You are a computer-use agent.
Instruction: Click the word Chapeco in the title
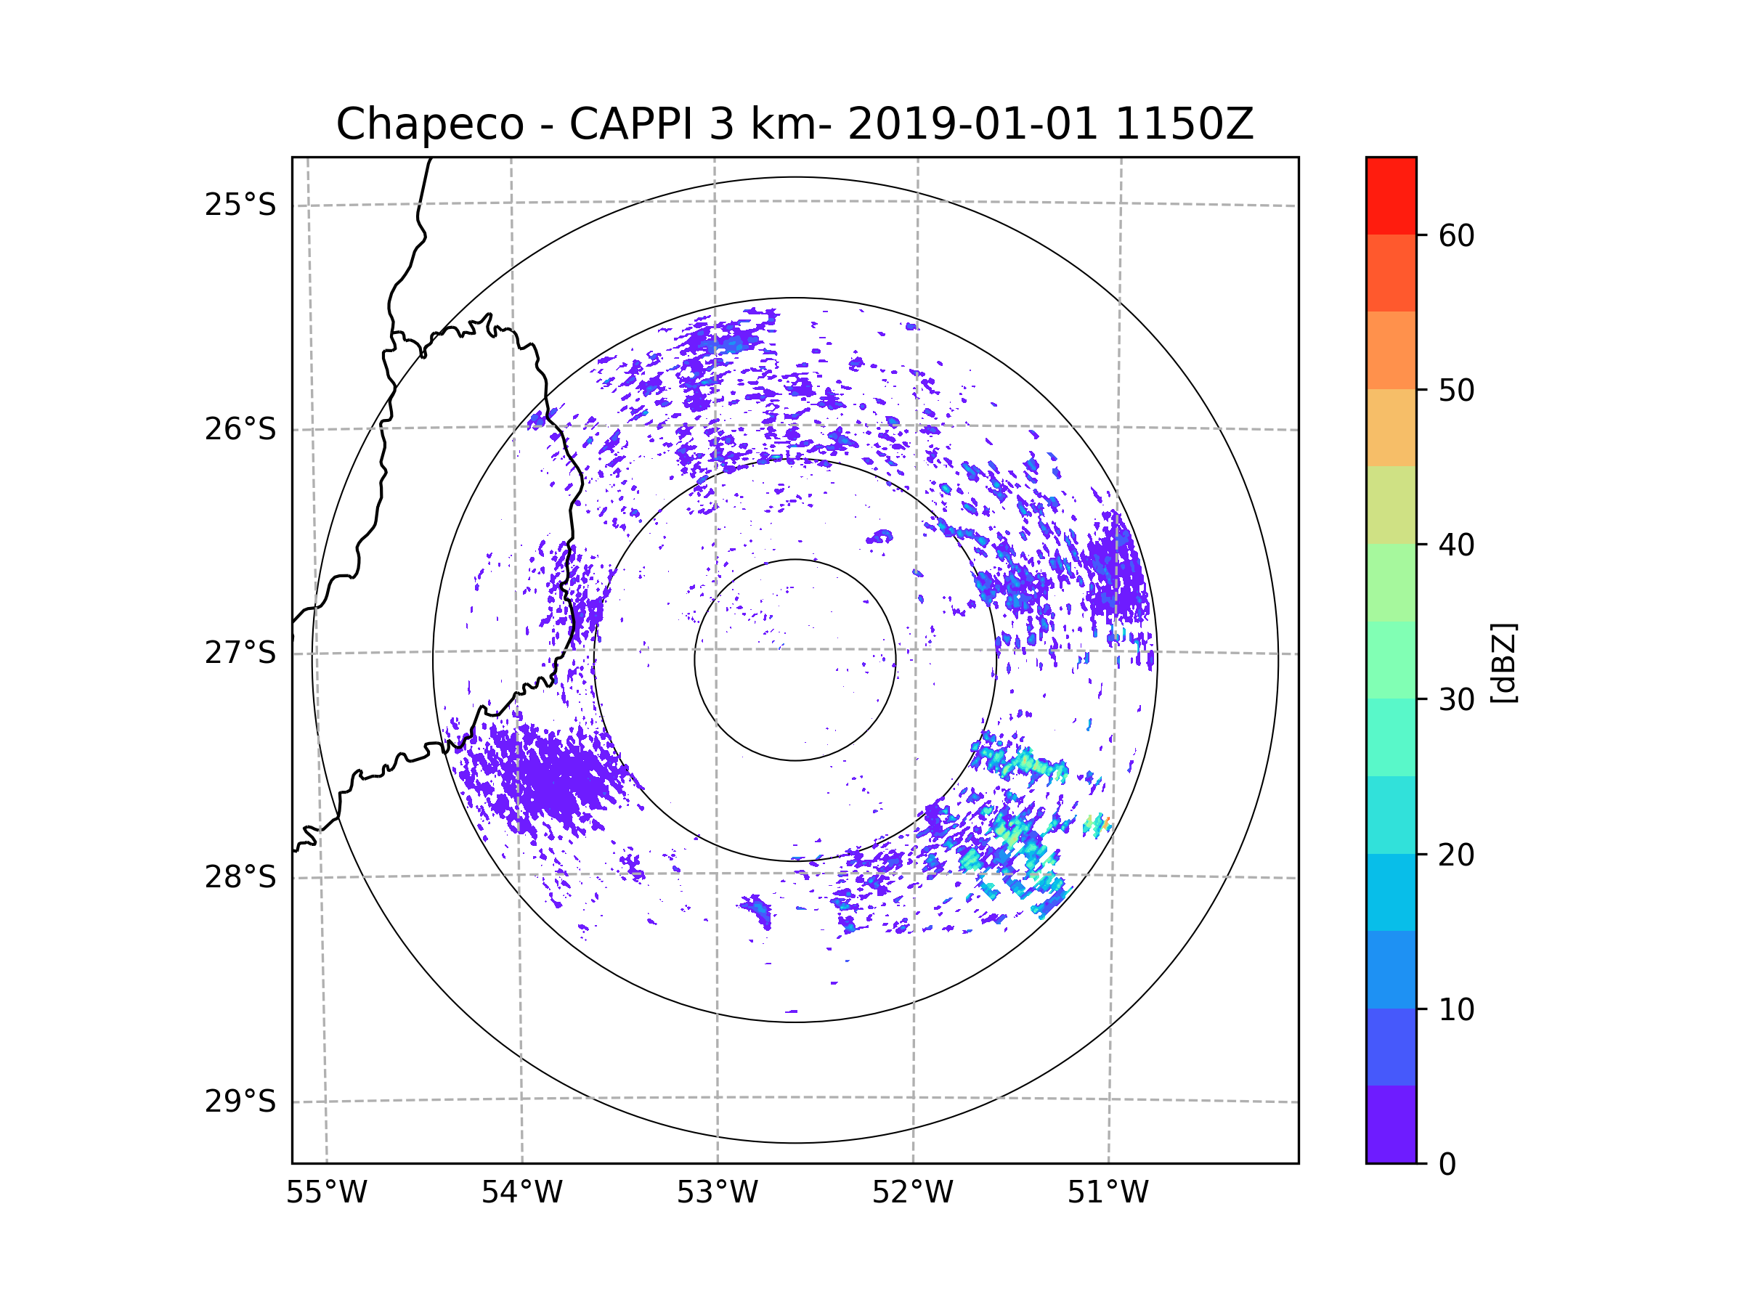point(429,124)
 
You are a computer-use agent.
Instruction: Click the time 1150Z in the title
point(1184,124)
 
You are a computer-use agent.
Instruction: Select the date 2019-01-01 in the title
point(972,124)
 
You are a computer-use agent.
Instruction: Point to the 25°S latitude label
point(240,205)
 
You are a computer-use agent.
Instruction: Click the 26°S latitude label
point(240,429)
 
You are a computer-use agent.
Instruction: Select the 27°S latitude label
point(240,653)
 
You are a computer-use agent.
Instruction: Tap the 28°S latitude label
point(240,877)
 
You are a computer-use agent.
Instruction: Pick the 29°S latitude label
point(240,1102)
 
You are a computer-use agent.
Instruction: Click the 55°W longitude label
point(326,1193)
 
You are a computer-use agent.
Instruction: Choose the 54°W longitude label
point(521,1193)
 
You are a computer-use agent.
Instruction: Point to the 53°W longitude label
point(717,1193)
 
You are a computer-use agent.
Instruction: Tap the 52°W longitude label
point(912,1193)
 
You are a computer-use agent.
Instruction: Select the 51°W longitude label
point(1108,1193)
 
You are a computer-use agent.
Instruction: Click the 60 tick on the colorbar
point(1456,235)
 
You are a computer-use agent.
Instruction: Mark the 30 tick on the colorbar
point(1456,699)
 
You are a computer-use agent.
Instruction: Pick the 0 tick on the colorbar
point(1447,1165)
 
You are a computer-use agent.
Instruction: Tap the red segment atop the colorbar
point(1391,195)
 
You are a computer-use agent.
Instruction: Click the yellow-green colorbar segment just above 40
point(1391,505)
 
